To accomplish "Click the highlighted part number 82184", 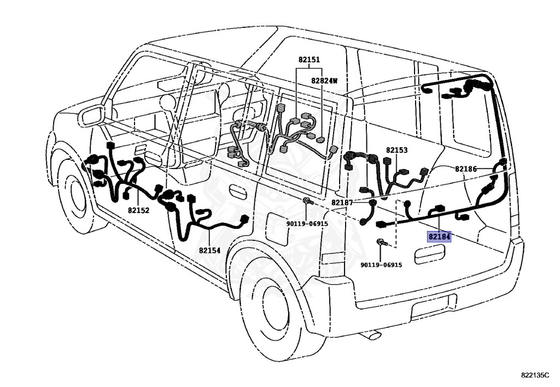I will pos(439,236).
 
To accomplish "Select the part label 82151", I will pos(309,60).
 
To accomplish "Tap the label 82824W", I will pos(324,80).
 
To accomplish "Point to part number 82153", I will pos(396,150).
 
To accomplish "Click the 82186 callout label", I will pos(466,169).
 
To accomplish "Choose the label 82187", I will pos(342,203).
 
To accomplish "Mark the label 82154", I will pos(209,250).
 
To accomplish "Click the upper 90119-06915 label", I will pos(307,223).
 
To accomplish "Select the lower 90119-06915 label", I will pos(381,265).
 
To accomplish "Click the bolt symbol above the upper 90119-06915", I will pos(307,202).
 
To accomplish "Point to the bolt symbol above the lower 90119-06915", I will pos(381,242).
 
